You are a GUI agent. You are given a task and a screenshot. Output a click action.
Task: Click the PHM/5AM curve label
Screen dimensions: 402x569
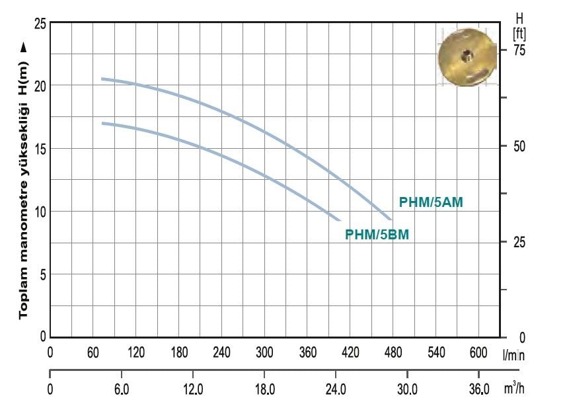point(431,203)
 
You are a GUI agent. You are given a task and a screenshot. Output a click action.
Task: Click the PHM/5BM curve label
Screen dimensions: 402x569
point(377,234)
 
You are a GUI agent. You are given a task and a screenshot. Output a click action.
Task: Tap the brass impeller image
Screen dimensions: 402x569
point(467,58)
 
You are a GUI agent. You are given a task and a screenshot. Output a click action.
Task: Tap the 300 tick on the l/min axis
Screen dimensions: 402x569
point(264,352)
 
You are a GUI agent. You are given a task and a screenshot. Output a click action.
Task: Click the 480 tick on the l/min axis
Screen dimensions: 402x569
point(393,352)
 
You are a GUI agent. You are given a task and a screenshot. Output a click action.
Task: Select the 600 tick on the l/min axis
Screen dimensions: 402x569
point(478,352)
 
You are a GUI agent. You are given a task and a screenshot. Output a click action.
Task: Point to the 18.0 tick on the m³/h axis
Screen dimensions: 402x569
point(265,387)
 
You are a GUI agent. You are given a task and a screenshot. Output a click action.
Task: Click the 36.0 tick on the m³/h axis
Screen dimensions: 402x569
point(478,387)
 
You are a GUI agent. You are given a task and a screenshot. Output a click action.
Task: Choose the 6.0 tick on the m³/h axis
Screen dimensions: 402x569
point(122,387)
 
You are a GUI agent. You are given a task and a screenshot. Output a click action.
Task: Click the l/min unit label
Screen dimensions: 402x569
point(513,355)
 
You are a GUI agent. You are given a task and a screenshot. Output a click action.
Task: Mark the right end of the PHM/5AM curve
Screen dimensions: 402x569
point(391,219)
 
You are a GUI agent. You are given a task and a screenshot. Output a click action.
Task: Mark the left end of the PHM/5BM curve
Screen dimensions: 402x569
point(102,123)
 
